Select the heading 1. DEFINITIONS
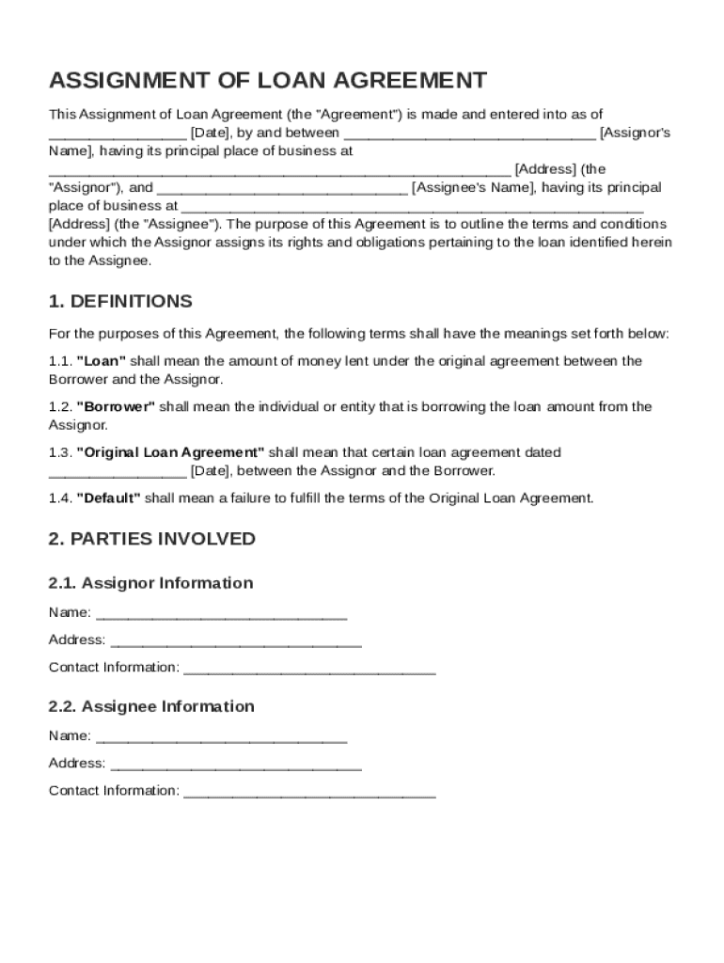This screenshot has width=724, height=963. (x=120, y=302)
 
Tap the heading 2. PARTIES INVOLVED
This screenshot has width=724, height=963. (x=151, y=539)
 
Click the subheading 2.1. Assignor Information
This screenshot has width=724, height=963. (x=150, y=583)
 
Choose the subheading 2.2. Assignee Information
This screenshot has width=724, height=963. (x=150, y=706)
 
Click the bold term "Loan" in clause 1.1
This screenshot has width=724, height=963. (x=101, y=361)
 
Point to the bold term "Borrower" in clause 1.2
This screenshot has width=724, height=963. (x=116, y=407)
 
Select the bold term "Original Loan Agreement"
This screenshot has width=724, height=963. (x=170, y=452)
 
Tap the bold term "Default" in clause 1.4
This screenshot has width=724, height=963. (x=108, y=498)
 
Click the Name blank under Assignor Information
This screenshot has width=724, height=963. (x=222, y=614)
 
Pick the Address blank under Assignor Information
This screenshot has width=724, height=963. (x=235, y=641)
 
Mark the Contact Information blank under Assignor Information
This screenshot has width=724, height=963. (x=309, y=669)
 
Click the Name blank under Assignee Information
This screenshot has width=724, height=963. (x=222, y=737)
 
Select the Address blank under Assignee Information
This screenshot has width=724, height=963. (x=235, y=765)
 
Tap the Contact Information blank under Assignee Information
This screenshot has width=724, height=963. (x=309, y=792)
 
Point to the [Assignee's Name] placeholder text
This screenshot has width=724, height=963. (x=471, y=188)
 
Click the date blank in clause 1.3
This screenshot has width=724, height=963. (x=118, y=472)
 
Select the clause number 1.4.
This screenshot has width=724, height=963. (x=60, y=498)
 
